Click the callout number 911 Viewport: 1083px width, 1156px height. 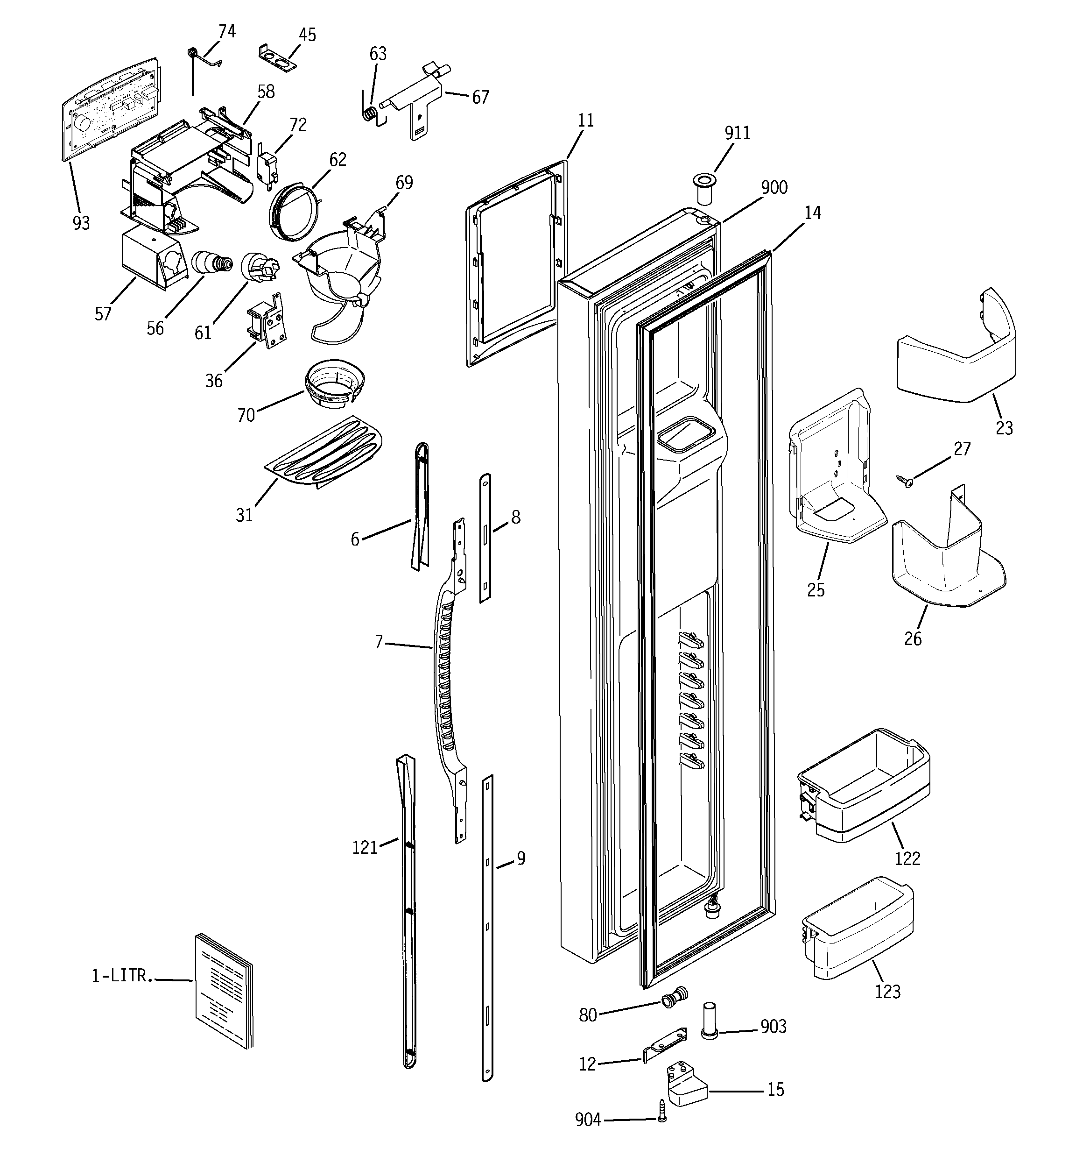(737, 133)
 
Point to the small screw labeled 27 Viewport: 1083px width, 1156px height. (906, 480)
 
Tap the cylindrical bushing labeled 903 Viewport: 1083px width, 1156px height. (709, 1028)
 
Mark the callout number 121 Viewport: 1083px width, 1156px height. (365, 848)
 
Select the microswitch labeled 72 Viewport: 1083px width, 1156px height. (268, 165)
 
